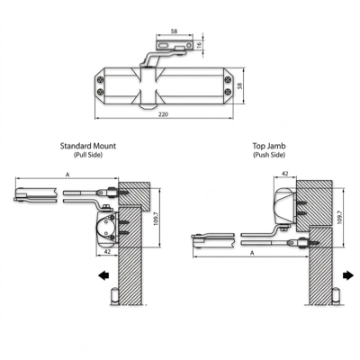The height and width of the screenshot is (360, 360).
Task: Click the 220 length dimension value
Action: tap(164, 114)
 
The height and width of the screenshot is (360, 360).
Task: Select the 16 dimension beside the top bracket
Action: tap(199, 45)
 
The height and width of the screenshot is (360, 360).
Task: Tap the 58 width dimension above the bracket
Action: tap(174, 31)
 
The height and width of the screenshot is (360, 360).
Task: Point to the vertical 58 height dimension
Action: tap(239, 85)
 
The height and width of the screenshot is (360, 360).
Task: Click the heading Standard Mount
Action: tap(88, 146)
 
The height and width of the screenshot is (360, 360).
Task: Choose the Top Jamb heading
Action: tap(269, 146)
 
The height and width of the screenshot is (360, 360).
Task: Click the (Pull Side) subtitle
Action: tap(88, 155)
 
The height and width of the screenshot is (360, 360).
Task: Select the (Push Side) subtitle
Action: tap(269, 155)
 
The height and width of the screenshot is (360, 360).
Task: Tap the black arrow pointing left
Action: tap(103, 275)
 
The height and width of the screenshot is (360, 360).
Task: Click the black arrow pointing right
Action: tap(348, 275)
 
